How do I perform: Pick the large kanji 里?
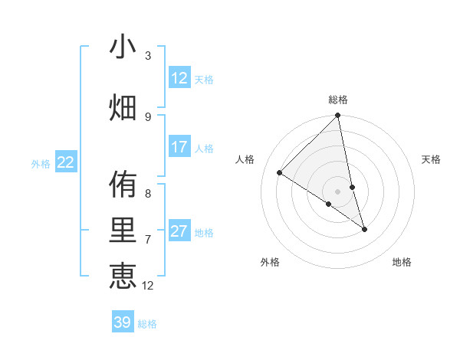(123, 231)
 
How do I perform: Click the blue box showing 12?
(179, 78)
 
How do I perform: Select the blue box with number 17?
(179, 147)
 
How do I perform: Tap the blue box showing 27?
(179, 231)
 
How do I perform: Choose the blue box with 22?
(66, 162)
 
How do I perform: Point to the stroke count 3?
(148, 56)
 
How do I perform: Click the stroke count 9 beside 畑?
(148, 116)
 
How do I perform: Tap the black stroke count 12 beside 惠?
(148, 286)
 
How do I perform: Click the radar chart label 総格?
(338, 100)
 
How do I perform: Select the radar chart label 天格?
(432, 159)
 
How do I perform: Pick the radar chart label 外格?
(270, 262)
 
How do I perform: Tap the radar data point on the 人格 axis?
(280, 173)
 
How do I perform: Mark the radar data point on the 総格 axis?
(338, 116)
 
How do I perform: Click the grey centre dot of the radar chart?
(337, 191)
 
